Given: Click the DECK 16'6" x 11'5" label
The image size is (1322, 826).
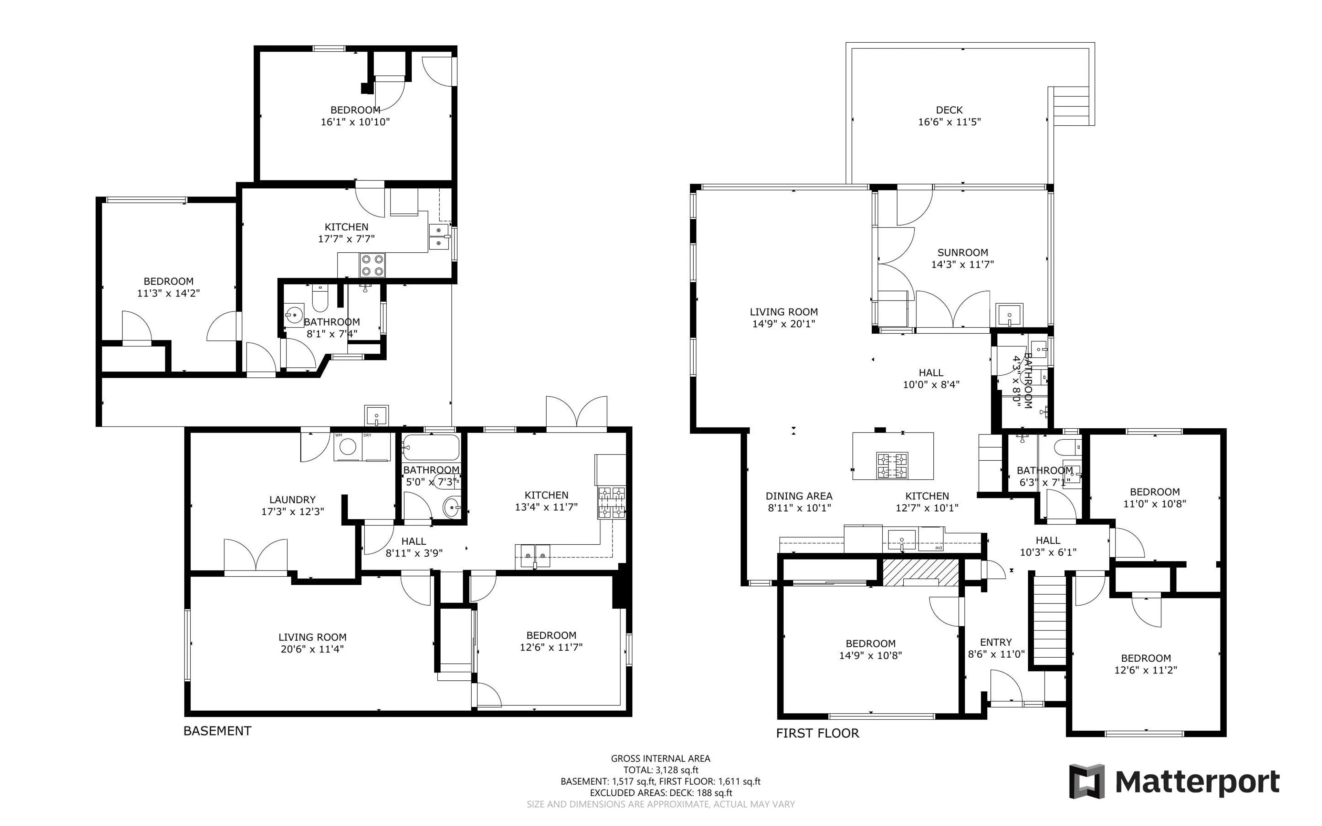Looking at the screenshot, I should pyautogui.click(x=949, y=116).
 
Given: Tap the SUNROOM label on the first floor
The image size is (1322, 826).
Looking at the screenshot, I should pyautogui.click(x=962, y=252).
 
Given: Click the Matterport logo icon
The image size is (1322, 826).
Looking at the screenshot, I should pyautogui.click(x=1086, y=781).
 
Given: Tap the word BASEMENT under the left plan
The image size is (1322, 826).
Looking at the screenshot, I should pyautogui.click(x=217, y=731).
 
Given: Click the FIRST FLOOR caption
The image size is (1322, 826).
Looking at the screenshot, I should pyautogui.click(x=817, y=733).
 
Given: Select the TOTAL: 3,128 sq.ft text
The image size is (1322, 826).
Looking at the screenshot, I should pyautogui.click(x=661, y=770).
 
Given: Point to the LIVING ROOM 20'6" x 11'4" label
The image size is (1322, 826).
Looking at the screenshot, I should pyautogui.click(x=312, y=643).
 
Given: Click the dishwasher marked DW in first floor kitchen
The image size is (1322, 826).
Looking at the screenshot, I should pyautogui.click(x=931, y=539).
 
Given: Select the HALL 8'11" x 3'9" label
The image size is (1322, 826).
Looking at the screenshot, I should pyautogui.click(x=413, y=547).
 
